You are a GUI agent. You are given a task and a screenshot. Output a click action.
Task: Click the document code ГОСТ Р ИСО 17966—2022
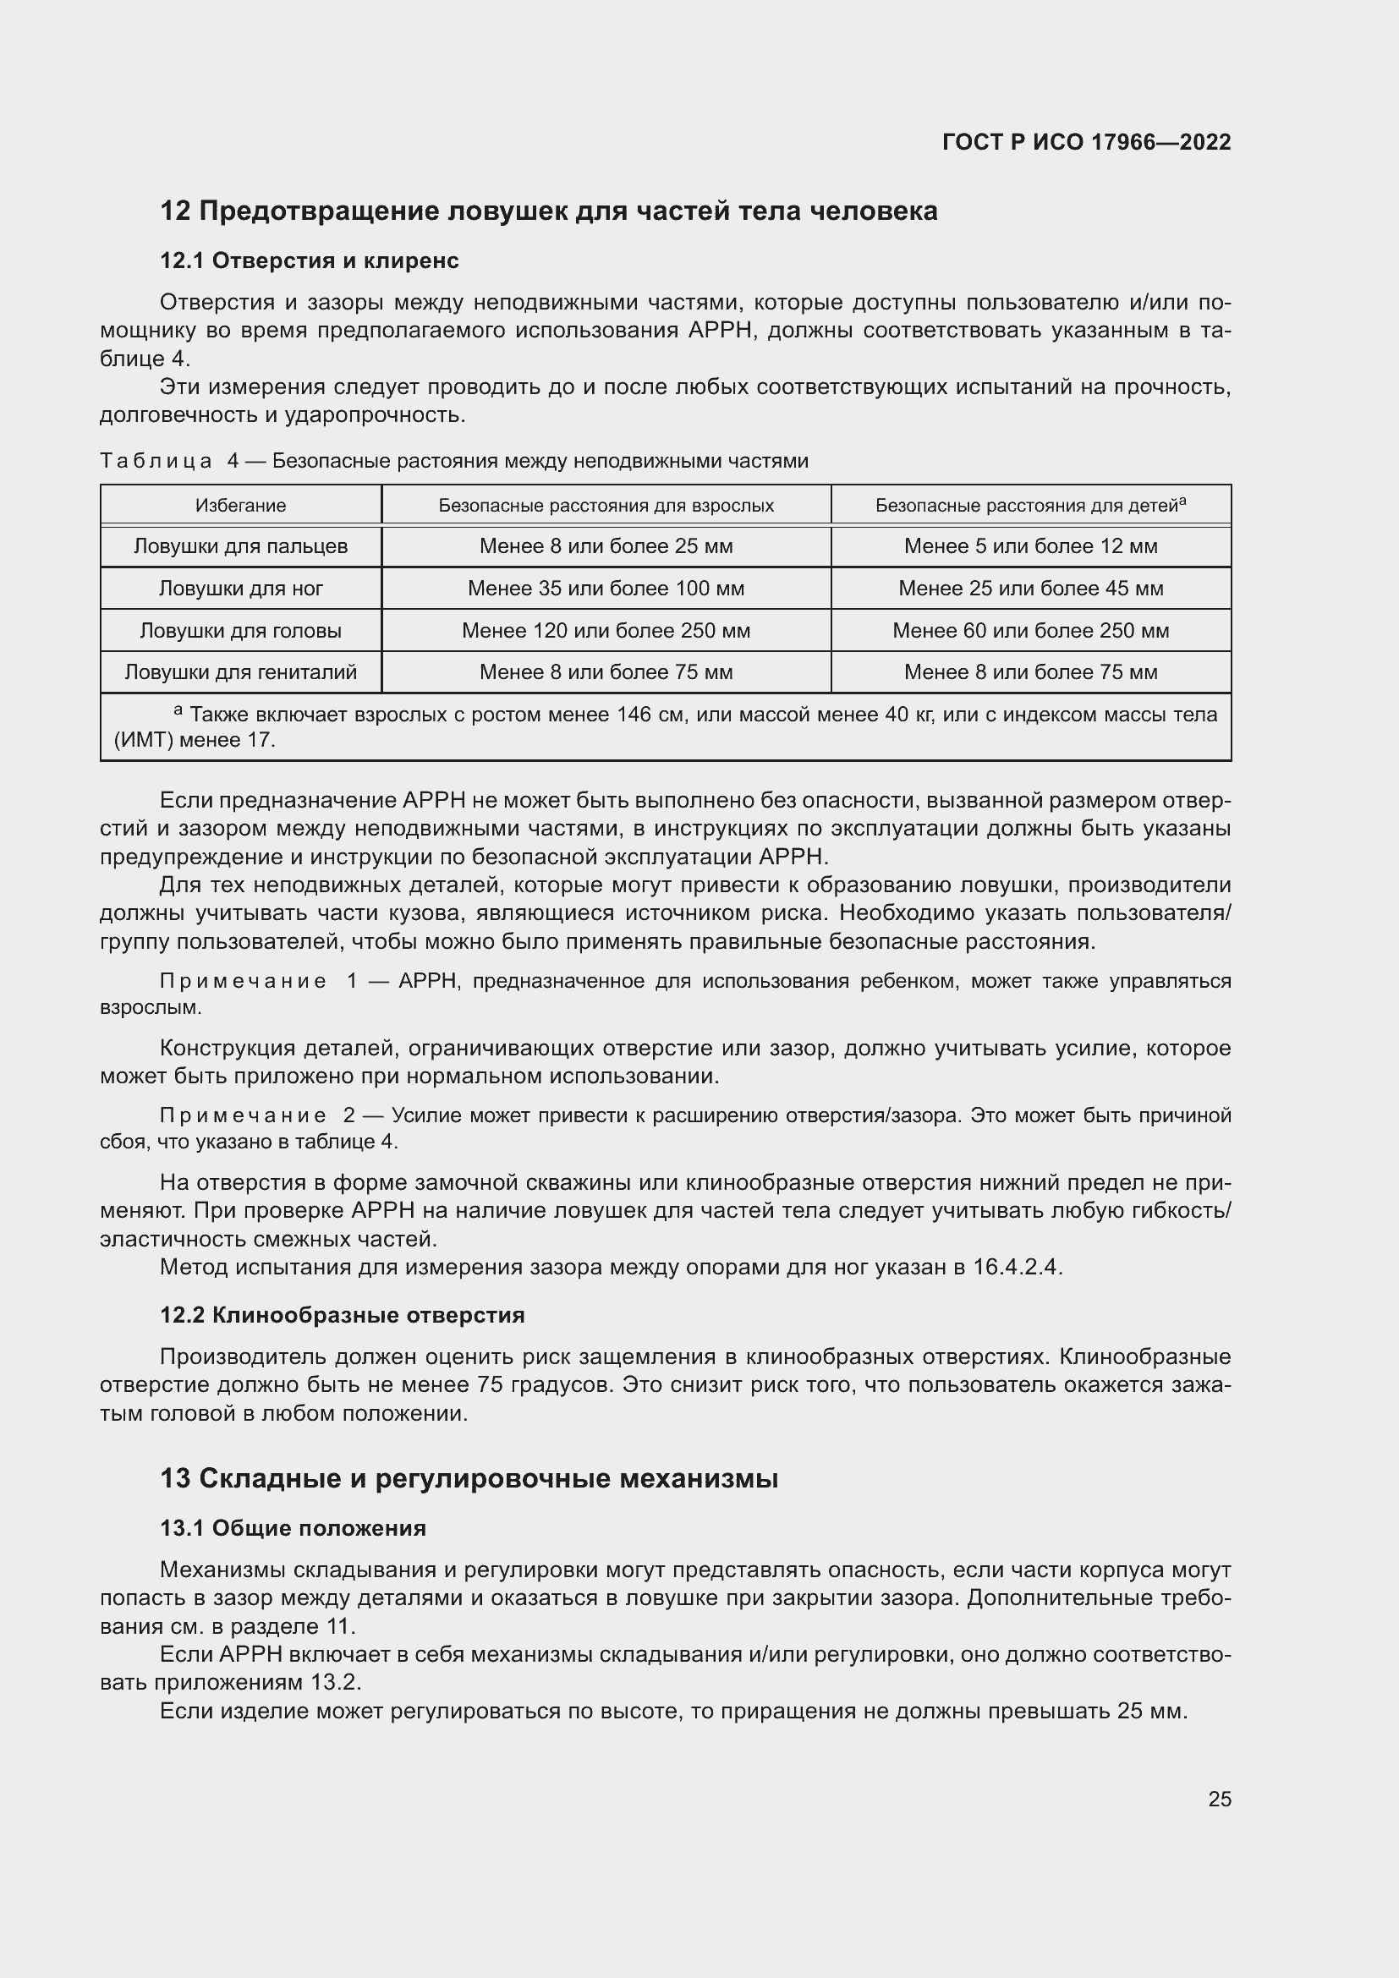[1086, 142]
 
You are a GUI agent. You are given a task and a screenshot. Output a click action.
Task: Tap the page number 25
[1219, 1799]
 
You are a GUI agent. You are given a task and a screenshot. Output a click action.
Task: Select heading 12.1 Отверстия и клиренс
[310, 260]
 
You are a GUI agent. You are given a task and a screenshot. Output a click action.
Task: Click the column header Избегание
[240, 506]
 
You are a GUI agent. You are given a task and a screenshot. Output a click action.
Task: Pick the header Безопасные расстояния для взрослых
[606, 506]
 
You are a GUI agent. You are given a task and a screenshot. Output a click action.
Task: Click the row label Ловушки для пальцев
[240, 546]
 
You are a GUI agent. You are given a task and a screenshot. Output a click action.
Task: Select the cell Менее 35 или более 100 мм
[606, 589]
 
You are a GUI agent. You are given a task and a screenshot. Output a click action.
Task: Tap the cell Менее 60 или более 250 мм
[1030, 631]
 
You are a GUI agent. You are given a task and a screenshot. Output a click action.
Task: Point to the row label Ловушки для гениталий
[240, 672]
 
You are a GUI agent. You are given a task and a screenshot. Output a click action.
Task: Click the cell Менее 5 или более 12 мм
[1030, 546]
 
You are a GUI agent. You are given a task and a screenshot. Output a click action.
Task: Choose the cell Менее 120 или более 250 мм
[606, 631]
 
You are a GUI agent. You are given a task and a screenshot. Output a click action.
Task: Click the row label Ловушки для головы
[240, 631]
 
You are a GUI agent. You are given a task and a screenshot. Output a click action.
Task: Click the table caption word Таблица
[156, 461]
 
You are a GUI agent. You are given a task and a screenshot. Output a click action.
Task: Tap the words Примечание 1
[258, 981]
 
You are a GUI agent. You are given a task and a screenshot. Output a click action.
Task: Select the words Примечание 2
[258, 1115]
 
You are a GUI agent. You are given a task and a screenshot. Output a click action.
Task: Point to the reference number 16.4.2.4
[1018, 1268]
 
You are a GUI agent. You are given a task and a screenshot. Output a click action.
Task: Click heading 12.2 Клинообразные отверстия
[342, 1316]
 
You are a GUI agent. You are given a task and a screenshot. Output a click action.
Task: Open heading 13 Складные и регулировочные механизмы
[469, 1478]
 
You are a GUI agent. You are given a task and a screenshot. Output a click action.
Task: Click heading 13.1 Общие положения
[293, 1528]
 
